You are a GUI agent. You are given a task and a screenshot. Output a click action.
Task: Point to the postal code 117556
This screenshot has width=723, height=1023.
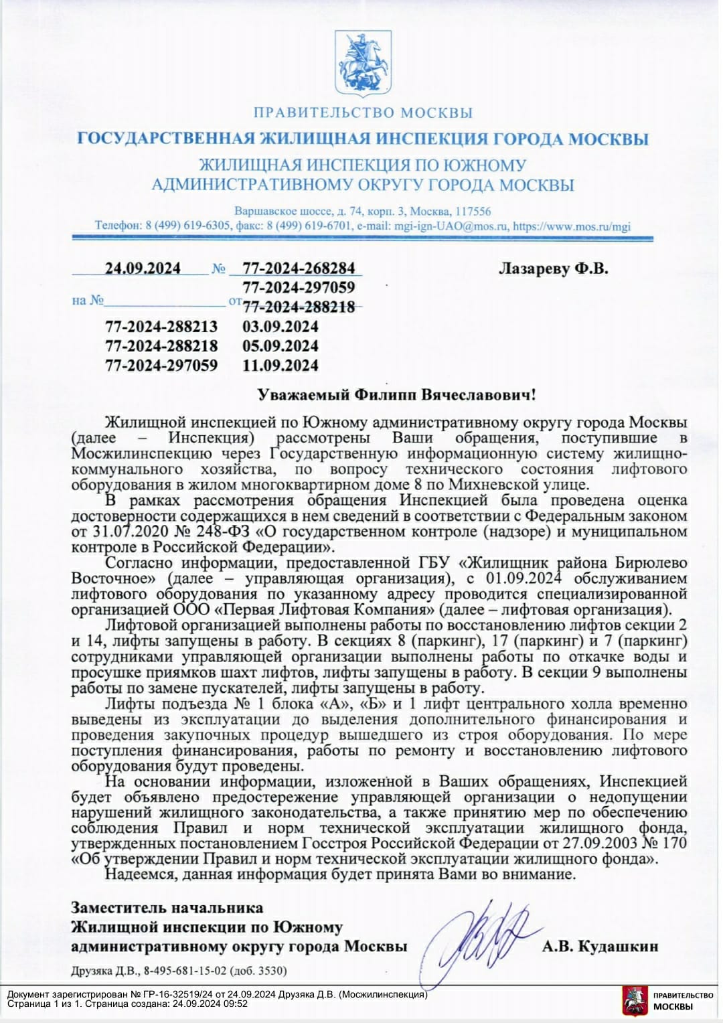[472, 210]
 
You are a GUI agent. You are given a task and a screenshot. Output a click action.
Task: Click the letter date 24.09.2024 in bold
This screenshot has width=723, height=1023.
[143, 268]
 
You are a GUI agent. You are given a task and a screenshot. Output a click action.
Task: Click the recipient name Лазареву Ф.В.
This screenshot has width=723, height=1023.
[554, 269]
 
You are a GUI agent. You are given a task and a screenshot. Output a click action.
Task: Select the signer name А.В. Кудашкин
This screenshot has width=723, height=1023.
[600, 946]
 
